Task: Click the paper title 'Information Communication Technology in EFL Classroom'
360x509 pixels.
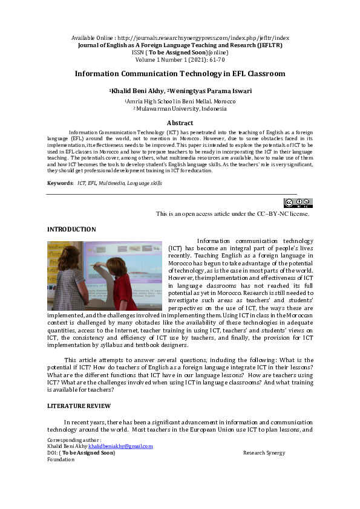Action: pyautogui.click(x=180, y=74)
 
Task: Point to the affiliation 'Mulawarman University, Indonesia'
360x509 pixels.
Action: pyautogui.click(x=181, y=109)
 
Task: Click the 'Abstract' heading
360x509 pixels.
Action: pyautogui.click(x=180, y=123)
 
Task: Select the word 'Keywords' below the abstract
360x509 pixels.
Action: pyautogui.click(x=61, y=183)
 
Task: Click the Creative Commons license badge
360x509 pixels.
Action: pyautogui.click(x=298, y=203)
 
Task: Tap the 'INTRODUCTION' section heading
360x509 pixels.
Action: pyautogui.click(x=71, y=229)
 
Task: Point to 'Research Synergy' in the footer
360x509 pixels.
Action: pyautogui.click(x=264, y=453)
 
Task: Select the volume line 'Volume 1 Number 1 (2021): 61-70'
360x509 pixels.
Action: pyautogui.click(x=180, y=59)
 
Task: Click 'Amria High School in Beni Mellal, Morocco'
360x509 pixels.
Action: pyautogui.click(x=180, y=102)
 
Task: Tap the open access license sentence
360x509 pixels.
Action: pyautogui.click(x=233, y=213)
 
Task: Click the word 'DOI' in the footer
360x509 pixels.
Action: pyautogui.click(x=53, y=453)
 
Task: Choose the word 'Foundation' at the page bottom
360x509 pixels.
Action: pyautogui.click(x=61, y=459)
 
